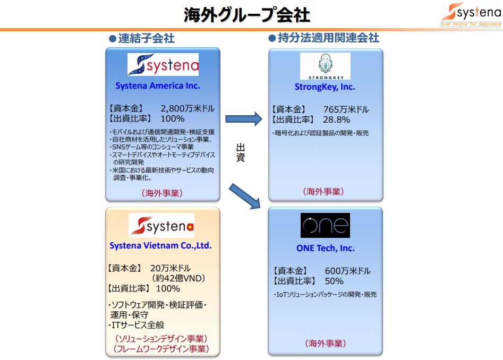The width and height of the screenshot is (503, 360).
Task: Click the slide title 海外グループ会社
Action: (x=246, y=15)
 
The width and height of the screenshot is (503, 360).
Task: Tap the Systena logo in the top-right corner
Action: (x=471, y=14)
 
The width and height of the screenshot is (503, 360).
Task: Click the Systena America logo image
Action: (x=163, y=64)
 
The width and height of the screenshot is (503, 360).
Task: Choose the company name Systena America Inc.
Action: (x=158, y=86)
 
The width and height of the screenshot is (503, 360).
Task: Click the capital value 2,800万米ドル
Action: (x=187, y=108)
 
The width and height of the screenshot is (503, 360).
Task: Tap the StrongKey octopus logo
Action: (x=325, y=66)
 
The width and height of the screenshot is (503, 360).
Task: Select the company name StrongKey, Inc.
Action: (x=325, y=87)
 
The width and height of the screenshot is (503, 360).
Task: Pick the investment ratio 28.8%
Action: (x=337, y=119)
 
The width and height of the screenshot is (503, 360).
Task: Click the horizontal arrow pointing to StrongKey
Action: (x=244, y=119)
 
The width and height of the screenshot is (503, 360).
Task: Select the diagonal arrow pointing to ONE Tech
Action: (x=245, y=196)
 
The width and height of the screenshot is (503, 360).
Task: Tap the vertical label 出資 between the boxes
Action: (x=241, y=152)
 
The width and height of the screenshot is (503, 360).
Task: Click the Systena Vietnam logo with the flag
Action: (x=161, y=225)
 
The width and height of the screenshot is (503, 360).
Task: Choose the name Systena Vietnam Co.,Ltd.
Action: (x=160, y=245)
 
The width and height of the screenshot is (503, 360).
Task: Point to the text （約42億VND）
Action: (x=178, y=278)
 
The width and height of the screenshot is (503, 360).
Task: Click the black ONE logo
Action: (x=325, y=225)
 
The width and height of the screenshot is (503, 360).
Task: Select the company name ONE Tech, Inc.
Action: (x=326, y=248)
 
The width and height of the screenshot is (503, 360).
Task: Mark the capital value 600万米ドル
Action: (x=347, y=271)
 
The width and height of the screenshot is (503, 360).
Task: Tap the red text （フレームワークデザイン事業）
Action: (x=161, y=348)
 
